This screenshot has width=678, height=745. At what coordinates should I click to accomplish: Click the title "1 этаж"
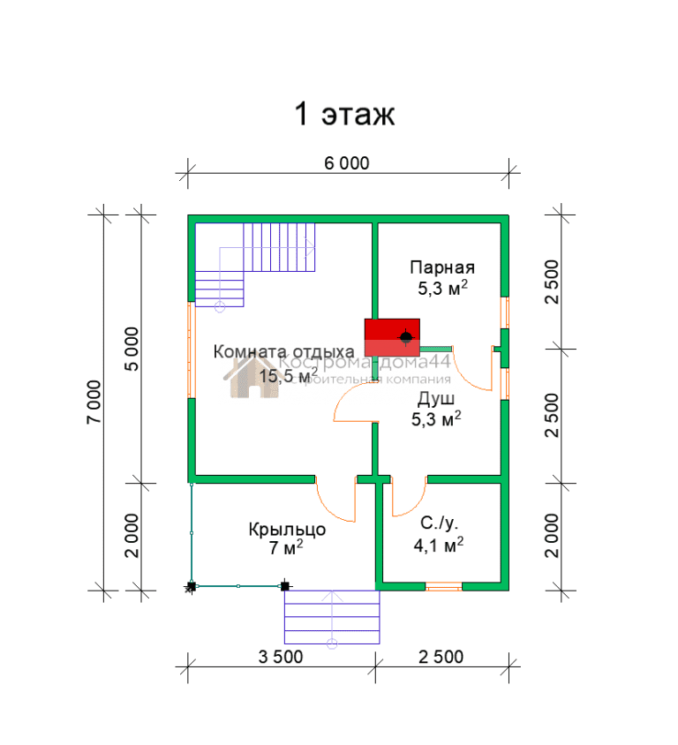coord(344,114)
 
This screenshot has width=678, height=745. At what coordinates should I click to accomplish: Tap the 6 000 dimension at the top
coord(346,163)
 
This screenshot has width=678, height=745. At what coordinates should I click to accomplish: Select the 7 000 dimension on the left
coord(94,402)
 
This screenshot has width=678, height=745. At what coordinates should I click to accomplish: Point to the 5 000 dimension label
coord(132,349)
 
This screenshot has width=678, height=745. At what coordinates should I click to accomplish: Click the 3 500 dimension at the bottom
coord(281,657)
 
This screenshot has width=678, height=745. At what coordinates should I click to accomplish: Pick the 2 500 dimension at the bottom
coord(441,657)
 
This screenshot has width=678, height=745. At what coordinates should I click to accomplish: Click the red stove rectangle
coord(392,337)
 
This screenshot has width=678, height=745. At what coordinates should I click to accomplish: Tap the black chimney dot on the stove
coord(406,337)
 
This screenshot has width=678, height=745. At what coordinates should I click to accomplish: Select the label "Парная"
coord(442,267)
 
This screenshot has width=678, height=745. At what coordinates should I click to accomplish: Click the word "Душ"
coord(436,399)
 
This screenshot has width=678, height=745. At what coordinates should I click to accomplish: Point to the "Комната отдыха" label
coord(283,351)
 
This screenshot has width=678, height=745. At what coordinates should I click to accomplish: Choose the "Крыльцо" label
coord(287,530)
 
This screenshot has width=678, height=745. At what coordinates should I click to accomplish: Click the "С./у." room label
coord(439,523)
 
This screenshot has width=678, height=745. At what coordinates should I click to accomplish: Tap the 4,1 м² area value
coord(439,545)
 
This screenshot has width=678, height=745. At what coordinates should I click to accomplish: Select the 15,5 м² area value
coord(289,375)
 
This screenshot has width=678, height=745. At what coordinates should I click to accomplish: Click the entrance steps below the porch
coord(332,617)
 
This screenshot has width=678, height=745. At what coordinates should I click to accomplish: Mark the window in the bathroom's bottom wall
coord(444,586)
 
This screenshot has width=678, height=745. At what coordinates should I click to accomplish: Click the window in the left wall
coord(192,350)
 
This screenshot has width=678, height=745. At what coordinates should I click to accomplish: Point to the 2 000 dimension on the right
coord(552,536)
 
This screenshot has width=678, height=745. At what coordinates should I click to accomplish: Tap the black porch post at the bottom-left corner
coord(192,586)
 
